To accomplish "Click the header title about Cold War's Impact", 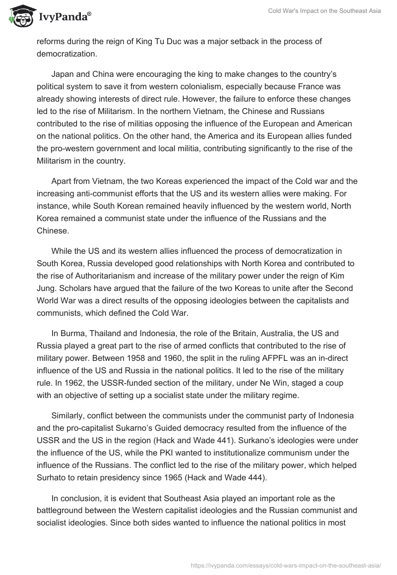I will (x=325, y=11).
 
